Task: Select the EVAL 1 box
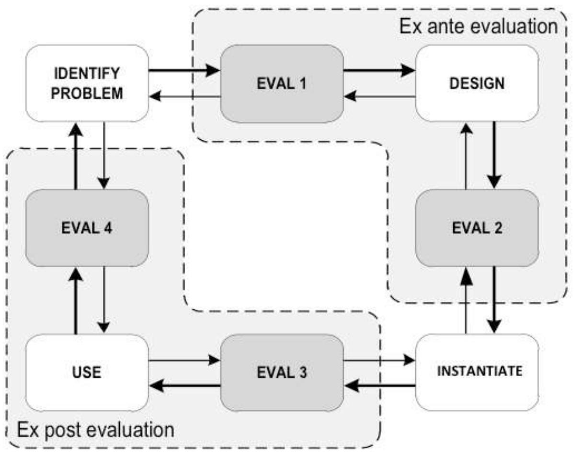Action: [x=282, y=83]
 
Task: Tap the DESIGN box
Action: [x=476, y=83]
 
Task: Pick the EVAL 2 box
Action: [x=476, y=228]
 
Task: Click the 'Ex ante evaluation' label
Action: [x=478, y=25]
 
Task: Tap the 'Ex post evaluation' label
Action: [x=96, y=429]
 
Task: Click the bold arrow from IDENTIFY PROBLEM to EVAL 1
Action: [x=184, y=71]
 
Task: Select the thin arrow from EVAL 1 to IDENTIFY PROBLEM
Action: [x=184, y=97]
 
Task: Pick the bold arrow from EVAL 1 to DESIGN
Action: [x=379, y=71]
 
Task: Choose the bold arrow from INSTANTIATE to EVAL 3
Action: [x=379, y=385]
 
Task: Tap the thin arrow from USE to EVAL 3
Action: [x=184, y=360]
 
